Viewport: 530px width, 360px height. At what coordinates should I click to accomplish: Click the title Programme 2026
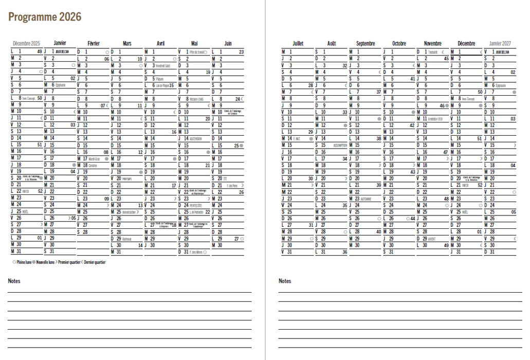click(45, 17)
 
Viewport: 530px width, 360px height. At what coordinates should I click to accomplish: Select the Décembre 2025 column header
click(26, 44)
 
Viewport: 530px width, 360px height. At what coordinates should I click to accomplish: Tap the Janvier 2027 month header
click(500, 44)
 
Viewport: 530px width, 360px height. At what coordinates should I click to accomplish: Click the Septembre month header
click(365, 44)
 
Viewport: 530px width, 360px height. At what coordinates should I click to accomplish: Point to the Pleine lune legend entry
click(23, 262)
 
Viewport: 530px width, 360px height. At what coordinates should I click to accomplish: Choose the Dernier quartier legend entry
click(94, 262)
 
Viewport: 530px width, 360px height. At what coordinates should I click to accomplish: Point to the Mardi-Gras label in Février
click(95, 159)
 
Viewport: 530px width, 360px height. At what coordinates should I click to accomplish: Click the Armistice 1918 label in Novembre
click(436, 119)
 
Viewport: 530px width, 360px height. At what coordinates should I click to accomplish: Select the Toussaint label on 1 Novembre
click(432, 52)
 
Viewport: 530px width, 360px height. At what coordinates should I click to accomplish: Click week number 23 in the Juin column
click(241, 52)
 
